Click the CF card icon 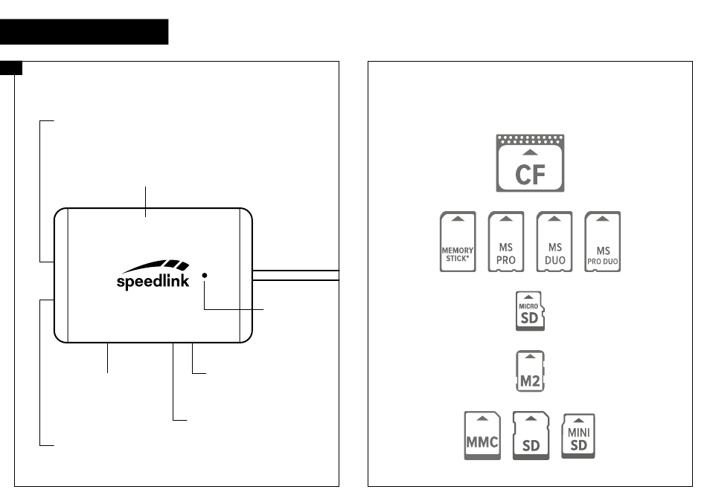530,163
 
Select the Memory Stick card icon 458,242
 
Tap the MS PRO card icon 506,242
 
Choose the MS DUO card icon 554,242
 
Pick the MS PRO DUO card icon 602,242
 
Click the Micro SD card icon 530,311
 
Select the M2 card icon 530,371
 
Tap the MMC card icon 482,436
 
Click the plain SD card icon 531,436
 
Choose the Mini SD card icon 578,436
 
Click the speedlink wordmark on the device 153,281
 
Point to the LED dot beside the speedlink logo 205,275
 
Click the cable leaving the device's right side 295,275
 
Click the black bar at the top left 84,31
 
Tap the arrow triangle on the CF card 530,152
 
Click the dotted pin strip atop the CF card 530,139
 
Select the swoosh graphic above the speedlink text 156,266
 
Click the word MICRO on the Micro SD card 528,306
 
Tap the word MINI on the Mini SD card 578,433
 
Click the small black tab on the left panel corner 11,68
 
